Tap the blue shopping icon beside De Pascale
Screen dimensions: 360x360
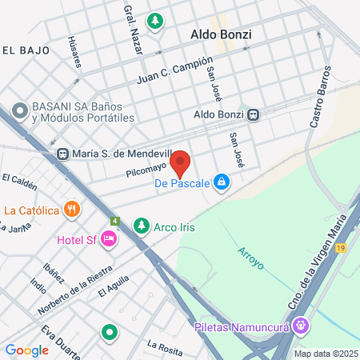222,183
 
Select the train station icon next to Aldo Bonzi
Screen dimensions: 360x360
254,115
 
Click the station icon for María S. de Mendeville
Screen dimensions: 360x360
62,154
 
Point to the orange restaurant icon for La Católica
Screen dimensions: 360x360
72,210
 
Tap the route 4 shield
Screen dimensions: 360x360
115,221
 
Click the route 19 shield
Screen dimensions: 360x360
342,248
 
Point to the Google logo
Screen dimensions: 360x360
26,350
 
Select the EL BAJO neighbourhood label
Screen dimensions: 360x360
26,50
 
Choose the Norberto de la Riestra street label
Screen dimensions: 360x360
74,289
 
